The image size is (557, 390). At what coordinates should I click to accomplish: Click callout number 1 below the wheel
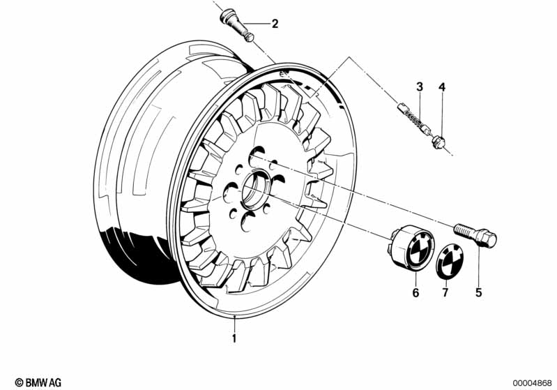(234, 338)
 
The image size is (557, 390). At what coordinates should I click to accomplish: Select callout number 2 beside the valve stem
(275, 24)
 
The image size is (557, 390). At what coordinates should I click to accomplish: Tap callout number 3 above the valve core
(420, 87)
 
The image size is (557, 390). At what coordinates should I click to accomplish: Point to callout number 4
(442, 87)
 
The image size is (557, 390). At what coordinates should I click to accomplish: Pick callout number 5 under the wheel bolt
(478, 292)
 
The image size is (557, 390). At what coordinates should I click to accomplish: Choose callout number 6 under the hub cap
(415, 292)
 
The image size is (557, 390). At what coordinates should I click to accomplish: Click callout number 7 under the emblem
(445, 292)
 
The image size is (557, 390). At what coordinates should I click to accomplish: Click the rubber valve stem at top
(237, 25)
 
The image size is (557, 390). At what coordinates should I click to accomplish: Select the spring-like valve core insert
(415, 118)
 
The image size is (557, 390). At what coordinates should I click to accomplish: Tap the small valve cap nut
(438, 142)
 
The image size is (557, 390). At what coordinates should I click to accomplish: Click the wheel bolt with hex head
(475, 235)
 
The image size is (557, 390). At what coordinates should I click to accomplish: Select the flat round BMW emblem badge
(450, 259)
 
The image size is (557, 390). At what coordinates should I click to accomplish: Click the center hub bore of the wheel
(256, 188)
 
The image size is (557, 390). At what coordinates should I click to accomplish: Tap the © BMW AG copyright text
(38, 382)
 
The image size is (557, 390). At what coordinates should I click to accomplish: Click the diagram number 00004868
(532, 383)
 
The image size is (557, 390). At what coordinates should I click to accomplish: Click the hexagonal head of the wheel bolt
(487, 239)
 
